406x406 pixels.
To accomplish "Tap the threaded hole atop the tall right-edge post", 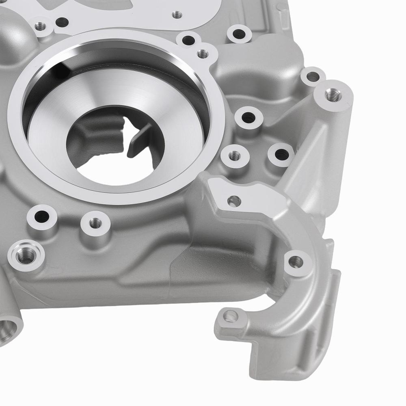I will click(x=333, y=95).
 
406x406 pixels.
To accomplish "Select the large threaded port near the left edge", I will click(x=26, y=255).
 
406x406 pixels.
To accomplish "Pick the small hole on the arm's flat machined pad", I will click(x=234, y=200).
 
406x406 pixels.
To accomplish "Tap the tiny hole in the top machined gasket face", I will click(x=177, y=15).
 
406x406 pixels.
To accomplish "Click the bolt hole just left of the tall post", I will click(x=312, y=76).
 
